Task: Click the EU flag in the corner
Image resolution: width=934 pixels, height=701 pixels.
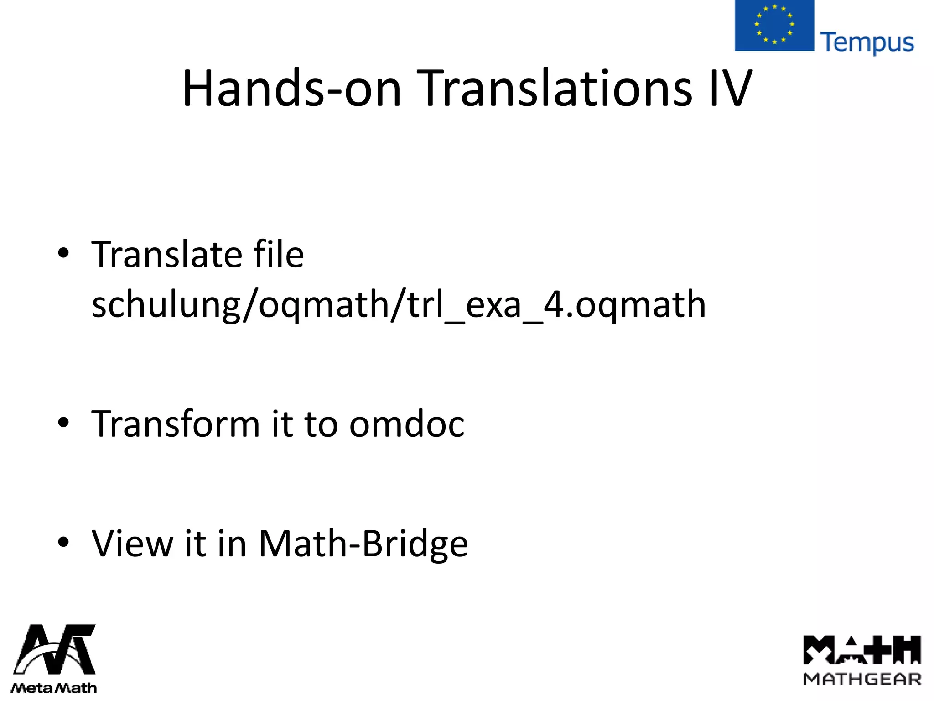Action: click(774, 25)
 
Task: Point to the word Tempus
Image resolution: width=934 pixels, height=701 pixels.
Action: click(867, 43)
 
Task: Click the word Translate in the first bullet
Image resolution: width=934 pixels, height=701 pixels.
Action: click(167, 254)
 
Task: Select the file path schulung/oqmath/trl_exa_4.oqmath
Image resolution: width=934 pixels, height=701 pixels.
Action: click(398, 304)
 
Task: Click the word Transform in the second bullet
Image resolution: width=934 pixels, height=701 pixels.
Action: click(176, 424)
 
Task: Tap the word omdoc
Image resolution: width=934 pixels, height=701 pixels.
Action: click(407, 424)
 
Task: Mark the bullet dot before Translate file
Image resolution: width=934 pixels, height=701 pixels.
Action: click(63, 253)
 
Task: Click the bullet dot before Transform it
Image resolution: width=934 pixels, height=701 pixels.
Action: click(63, 423)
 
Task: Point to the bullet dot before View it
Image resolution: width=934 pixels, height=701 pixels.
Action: click(63, 542)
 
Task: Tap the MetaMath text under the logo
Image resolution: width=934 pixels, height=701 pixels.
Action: click(54, 688)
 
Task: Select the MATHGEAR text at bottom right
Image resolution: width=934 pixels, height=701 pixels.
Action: click(862, 679)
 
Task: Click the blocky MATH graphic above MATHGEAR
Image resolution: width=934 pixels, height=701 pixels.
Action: click(862, 649)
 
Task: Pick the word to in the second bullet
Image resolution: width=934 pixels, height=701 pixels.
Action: click(320, 424)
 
